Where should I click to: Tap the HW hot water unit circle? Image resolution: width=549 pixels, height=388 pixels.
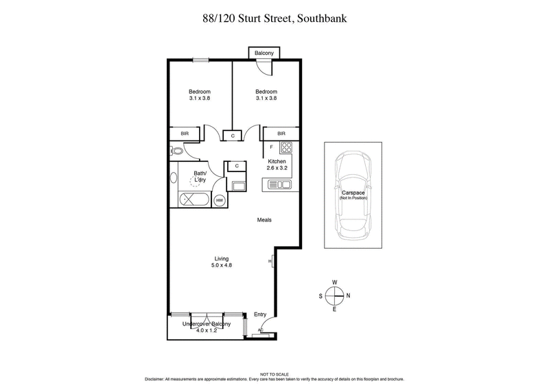pyautogui.click(x=219, y=200)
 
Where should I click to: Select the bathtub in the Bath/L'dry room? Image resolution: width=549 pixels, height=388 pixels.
pyautogui.click(x=194, y=199)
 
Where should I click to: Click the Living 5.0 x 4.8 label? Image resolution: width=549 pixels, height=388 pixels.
pyautogui.click(x=221, y=261)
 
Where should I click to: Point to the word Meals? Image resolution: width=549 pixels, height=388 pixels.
pyautogui.click(x=264, y=220)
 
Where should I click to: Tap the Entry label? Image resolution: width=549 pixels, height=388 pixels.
pyautogui.click(x=260, y=314)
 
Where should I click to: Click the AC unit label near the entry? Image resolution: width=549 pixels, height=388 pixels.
pyautogui.click(x=260, y=330)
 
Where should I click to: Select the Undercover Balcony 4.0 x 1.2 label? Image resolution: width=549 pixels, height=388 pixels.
pyautogui.click(x=206, y=326)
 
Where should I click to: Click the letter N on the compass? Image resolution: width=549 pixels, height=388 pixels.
pyautogui.click(x=349, y=295)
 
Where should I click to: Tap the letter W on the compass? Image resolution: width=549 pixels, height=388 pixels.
pyautogui.click(x=334, y=282)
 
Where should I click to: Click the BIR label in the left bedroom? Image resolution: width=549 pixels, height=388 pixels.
pyautogui.click(x=185, y=134)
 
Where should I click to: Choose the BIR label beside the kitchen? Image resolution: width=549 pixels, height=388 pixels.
pyautogui.click(x=281, y=134)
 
